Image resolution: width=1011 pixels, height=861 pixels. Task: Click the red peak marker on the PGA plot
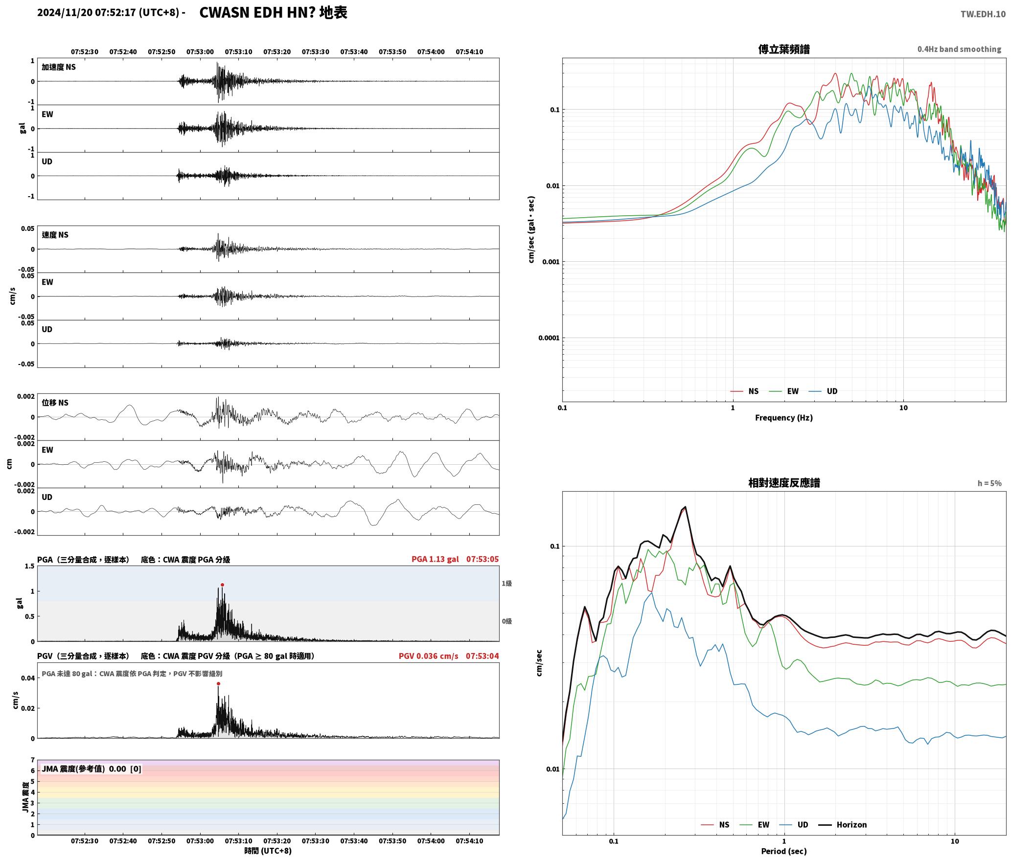tap(222, 585)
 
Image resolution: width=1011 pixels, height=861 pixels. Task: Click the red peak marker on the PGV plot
tap(218, 683)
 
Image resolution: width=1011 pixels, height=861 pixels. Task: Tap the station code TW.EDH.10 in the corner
tap(983, 14)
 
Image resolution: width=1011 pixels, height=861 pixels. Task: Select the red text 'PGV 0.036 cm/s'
tap(429, 656)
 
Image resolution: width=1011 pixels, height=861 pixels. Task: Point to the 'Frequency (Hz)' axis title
tap(783, 417)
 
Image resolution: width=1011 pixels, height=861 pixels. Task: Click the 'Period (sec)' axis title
tap(783, 851)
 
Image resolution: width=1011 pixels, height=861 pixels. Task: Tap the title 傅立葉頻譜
tap(783, 49)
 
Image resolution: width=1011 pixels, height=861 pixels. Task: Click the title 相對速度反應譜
tap(783, 482)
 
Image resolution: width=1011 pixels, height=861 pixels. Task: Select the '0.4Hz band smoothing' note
tap(959, 49)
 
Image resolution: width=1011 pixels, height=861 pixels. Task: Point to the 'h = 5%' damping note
tap(989, 483)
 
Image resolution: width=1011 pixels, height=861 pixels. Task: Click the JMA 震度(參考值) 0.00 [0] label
tap(92, 769)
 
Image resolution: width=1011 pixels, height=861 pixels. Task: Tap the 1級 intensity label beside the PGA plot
tap(506, 583)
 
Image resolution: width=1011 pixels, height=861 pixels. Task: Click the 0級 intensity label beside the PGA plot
tap(506, 621)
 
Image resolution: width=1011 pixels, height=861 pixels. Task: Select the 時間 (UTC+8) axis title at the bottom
tap(268, 850)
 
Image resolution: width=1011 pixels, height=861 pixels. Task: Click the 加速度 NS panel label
tap(59, 67)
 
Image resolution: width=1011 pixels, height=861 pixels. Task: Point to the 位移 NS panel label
tap(55, 403)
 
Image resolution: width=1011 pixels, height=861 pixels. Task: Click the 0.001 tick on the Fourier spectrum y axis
tap(551, 262)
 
